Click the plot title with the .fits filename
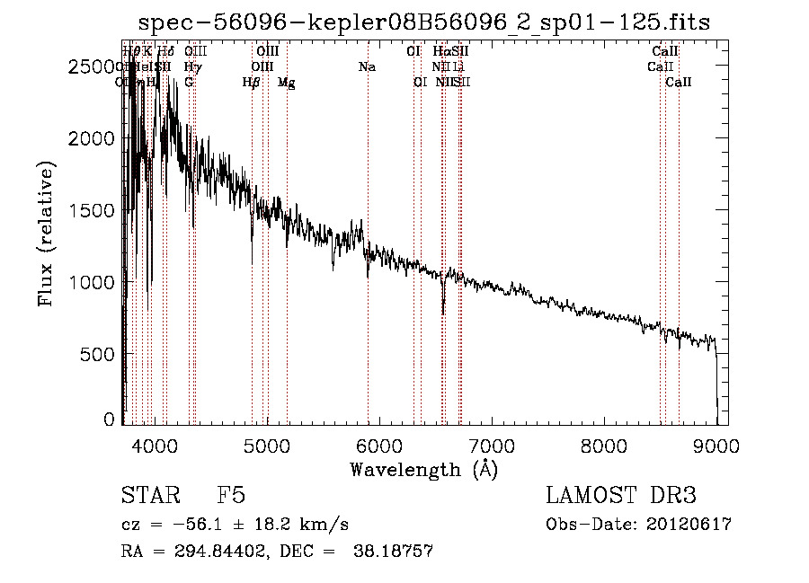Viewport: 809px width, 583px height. point(422,22)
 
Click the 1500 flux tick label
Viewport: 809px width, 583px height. point(93,210)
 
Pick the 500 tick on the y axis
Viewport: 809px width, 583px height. point(99,354)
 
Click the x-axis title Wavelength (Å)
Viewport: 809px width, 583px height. point(423,469)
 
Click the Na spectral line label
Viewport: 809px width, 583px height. point(367,67)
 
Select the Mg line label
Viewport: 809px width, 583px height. point(286,83)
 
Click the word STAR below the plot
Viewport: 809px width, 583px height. point(148,497)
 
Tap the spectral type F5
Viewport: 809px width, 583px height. point(231,497)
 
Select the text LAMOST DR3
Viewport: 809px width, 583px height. point(620,497)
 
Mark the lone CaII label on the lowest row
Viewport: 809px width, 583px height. point(679,83)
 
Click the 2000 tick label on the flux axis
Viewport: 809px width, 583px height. point(93,138)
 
